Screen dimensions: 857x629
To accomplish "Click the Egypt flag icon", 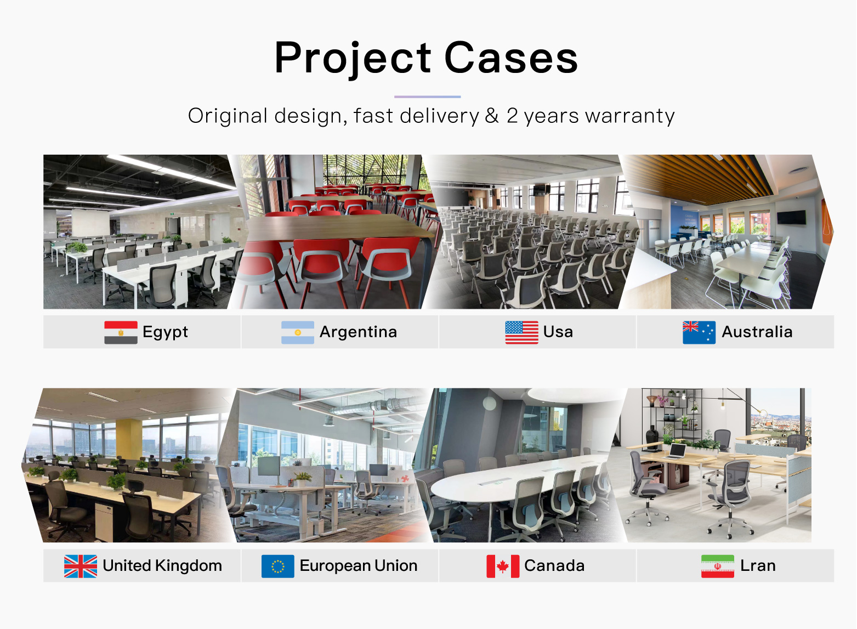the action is pyautogui.click(x=121, y=332).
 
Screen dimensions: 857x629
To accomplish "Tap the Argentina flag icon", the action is pyautogui.click(x=298, y=332).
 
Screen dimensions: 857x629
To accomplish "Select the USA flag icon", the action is pyautogui.click(x=522, y=332).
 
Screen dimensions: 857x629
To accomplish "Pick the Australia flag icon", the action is pyautogui.click(x=700, y=332).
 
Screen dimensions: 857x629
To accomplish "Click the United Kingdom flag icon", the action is pyautogui.click(x=81, y=566).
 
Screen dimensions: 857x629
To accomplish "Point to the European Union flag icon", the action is pyautogui.click(x=278, y=566).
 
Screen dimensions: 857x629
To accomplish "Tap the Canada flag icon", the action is pyautogui.click(x=503, y=566).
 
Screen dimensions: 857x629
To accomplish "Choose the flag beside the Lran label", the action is pyautogui.click(x=718, y=566).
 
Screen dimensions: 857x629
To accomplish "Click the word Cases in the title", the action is pyautogui.click(x=511, y=58).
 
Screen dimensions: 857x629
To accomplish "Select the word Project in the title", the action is pyautogui.click(x=353, y=60).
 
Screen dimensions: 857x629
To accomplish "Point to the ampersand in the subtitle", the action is pyautogui.click(x=492, y=116).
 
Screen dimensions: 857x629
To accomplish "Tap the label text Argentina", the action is pyautogui.click(x=358, y=332).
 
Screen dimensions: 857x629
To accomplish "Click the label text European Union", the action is pyautogui.click(x=359, y=566).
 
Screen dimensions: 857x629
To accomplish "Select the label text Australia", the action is pyautogui.click(x=757, y=332).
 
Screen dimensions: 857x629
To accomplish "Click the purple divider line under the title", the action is pyautogui.click(x=428, y=97).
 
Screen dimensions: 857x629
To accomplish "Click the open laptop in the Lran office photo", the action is pyautogui.click(x=677, y=452).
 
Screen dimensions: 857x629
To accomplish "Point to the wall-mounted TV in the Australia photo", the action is pyautogui.click(x=792, y=218).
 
